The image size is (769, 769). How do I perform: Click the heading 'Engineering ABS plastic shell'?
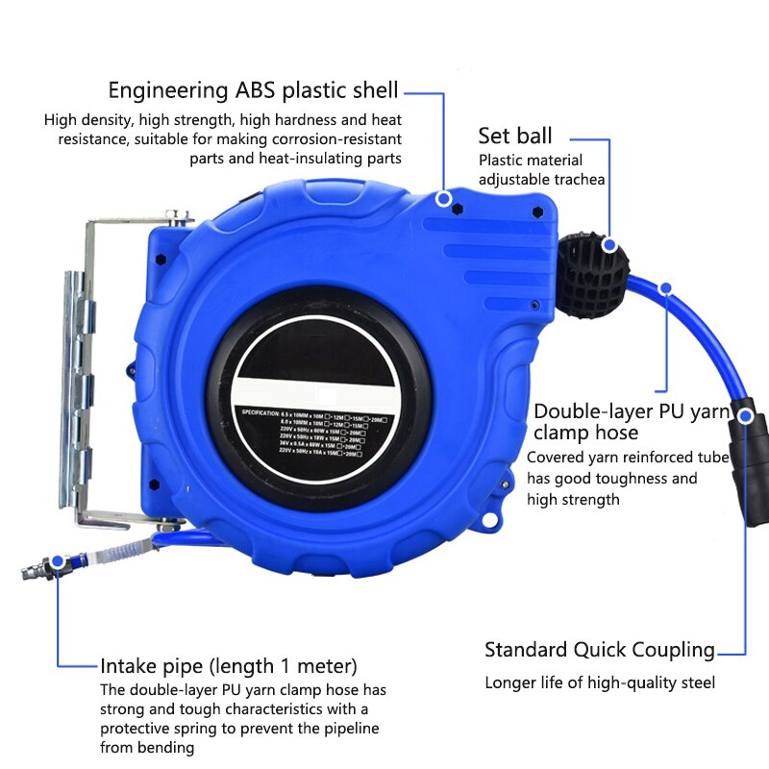(x=253, y=90)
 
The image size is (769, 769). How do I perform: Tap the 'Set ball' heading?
(x=515, y=136)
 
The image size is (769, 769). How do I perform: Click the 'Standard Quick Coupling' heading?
(x=600, y=650)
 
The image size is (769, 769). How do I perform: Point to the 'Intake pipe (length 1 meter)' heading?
(x=229, y=665)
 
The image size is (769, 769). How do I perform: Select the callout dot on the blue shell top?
(x=443, y=199)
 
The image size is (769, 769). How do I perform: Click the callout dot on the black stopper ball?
(x=608, y=245)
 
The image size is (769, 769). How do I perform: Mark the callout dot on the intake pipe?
(x=58, y=560)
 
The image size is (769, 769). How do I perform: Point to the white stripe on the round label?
(x=317, y=389)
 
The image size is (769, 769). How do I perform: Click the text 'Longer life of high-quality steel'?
(x=600, y=683)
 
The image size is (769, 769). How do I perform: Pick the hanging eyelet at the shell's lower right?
(x=492, y=519)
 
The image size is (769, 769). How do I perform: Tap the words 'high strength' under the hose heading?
(x=573, y=500)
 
